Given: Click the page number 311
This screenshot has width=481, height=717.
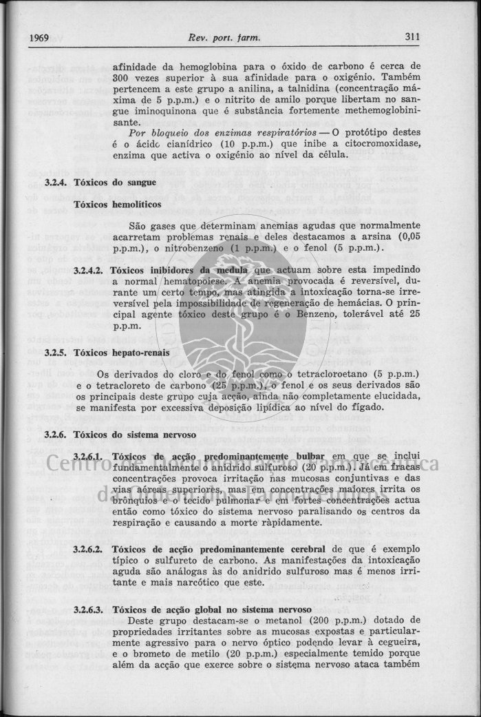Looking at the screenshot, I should coord(412,37).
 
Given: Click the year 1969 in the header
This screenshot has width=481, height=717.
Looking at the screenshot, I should coord(39,37).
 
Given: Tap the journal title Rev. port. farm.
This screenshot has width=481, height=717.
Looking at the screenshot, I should coord(224,37).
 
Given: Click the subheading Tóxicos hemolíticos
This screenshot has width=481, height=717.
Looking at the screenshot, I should coord(117,205).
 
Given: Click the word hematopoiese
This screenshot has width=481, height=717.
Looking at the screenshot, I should coord(199,281).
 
